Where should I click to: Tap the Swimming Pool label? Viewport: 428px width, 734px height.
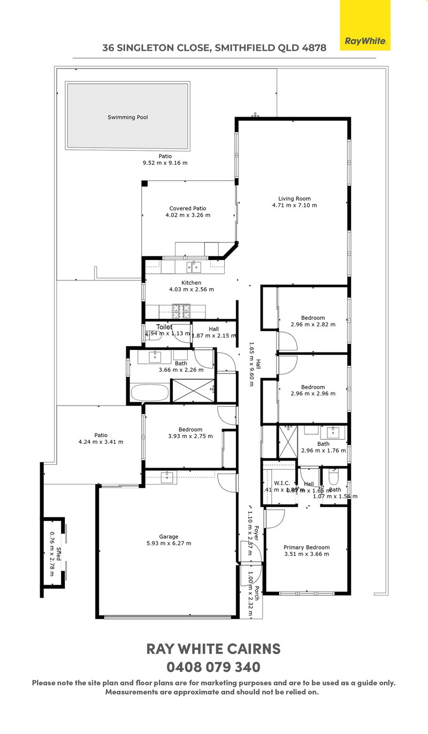(127, 117)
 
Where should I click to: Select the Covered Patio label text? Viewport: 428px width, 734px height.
(188, 212)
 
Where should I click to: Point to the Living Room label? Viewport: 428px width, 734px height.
(294, 202)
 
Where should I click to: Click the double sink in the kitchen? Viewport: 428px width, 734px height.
(193, 266)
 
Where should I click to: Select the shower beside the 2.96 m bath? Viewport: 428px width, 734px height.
(287, 442)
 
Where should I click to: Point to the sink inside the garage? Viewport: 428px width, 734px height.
(167, 477)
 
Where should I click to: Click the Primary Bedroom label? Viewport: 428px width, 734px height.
(307, 550)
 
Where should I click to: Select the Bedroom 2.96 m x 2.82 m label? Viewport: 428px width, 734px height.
(312, 321)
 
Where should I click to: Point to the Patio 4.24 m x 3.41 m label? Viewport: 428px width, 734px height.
(101, 438)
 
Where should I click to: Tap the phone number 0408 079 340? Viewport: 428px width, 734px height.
(213, 667)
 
